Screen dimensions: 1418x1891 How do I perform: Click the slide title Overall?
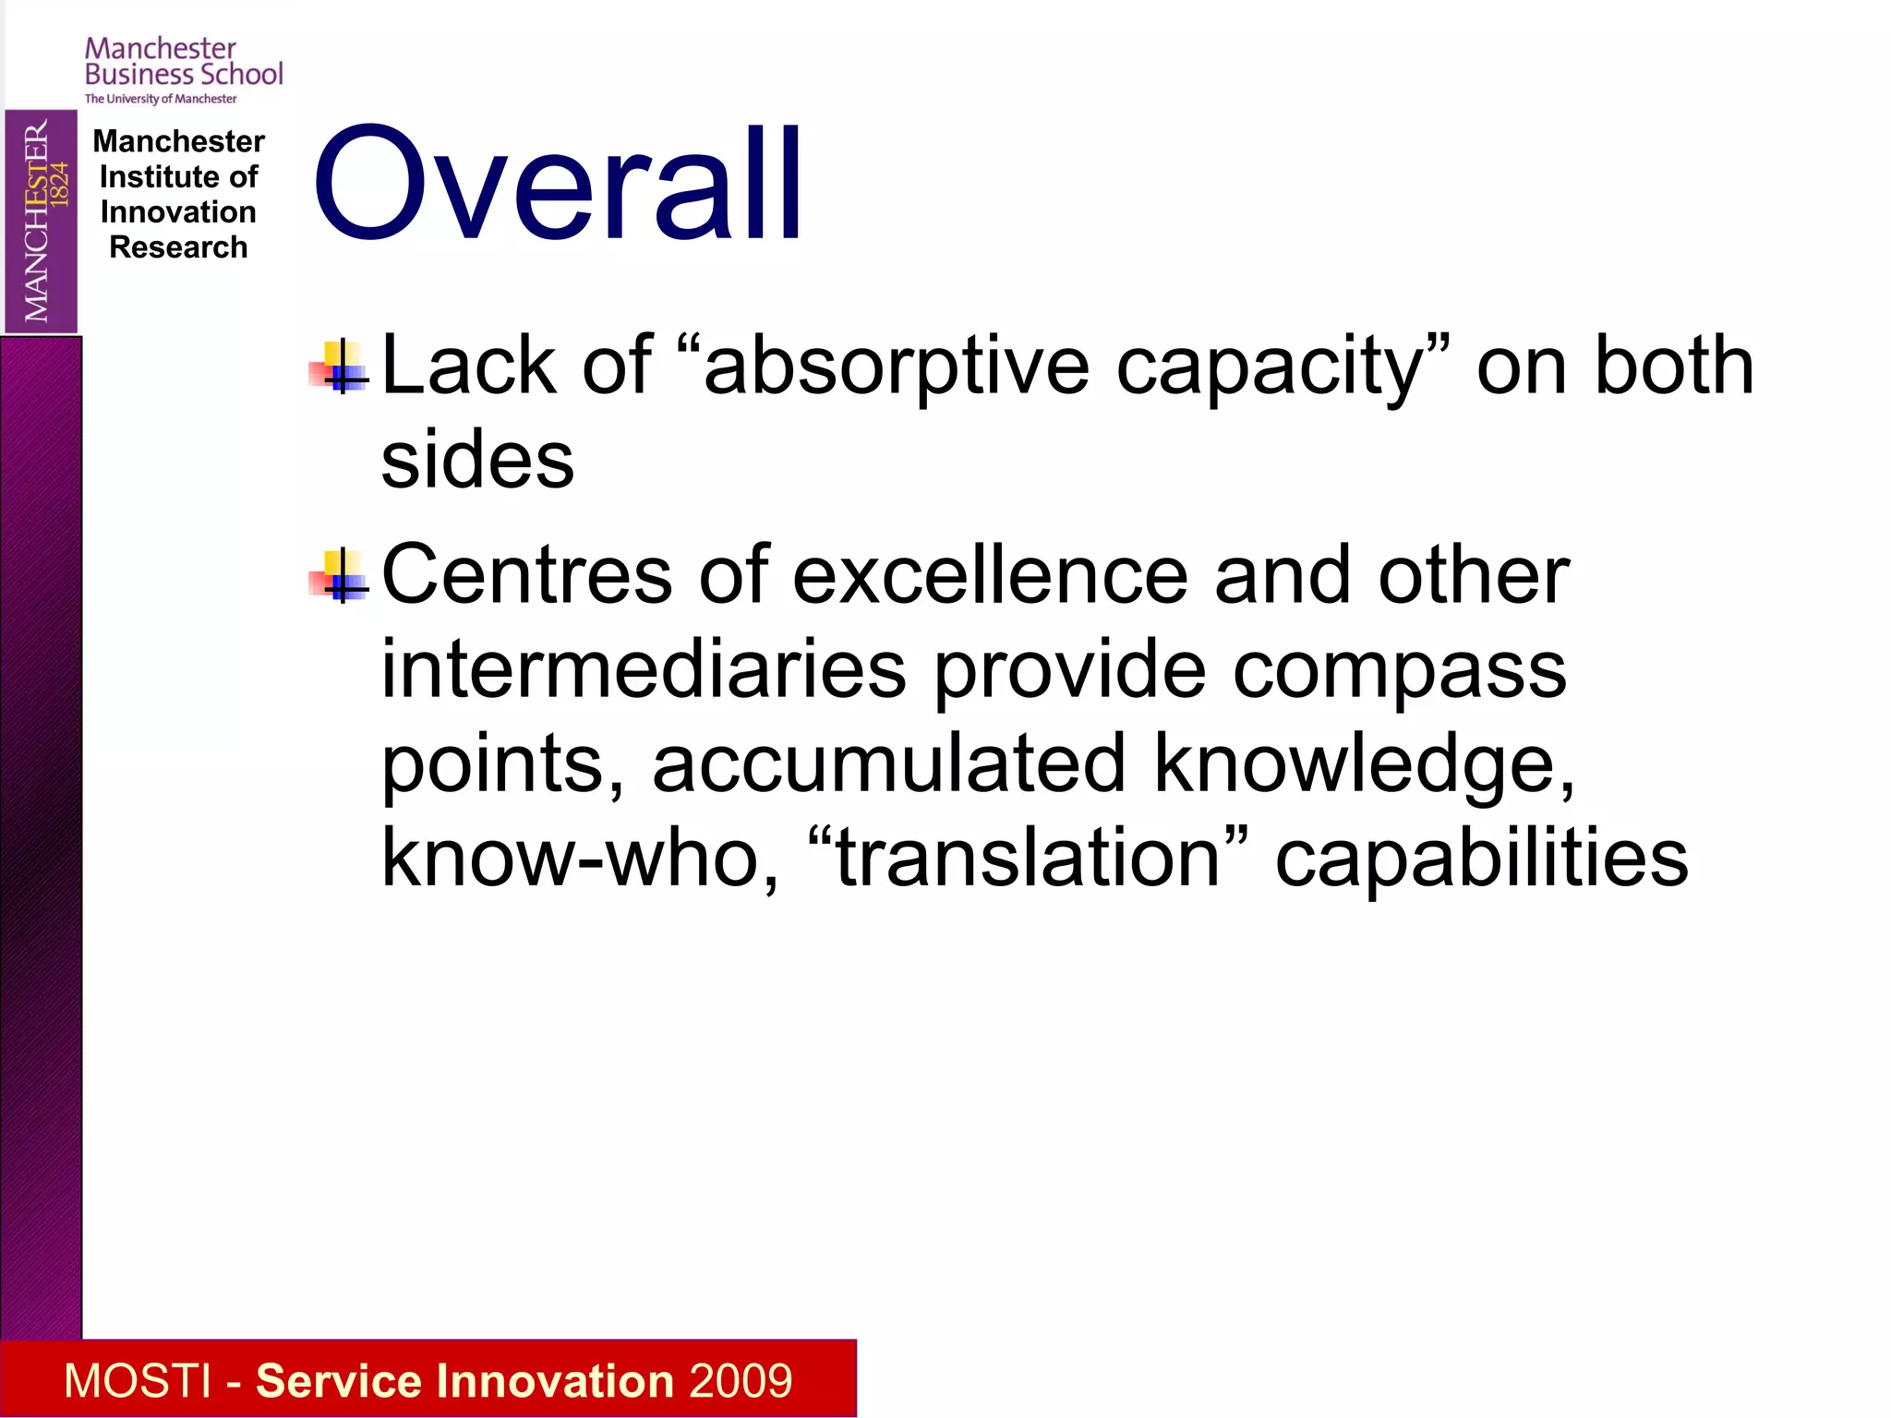click(558, 185)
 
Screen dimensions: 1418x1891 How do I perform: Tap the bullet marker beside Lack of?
click(339, 367)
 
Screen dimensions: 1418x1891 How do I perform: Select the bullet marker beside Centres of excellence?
click(339, 576)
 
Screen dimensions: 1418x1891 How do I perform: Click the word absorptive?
click(896, 367)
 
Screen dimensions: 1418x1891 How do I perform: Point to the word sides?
click(477, 461)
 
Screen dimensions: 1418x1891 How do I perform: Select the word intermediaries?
click(644, 669)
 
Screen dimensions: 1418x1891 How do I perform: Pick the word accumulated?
click(888, 763)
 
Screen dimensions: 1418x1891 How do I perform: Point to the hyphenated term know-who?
click(570, 859)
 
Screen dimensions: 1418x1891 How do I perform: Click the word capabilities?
click(1481, 859)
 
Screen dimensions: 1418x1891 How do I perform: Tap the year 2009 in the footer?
click(740, 1381)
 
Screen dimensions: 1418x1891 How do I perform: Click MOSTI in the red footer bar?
click(138, 1381)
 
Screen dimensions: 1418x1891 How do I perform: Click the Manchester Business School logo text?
click(184, 61)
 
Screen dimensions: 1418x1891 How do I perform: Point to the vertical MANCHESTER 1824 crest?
click(41, 221)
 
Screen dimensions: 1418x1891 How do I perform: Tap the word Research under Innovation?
click(178, 247)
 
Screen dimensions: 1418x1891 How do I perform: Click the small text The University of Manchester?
click(161, 99)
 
